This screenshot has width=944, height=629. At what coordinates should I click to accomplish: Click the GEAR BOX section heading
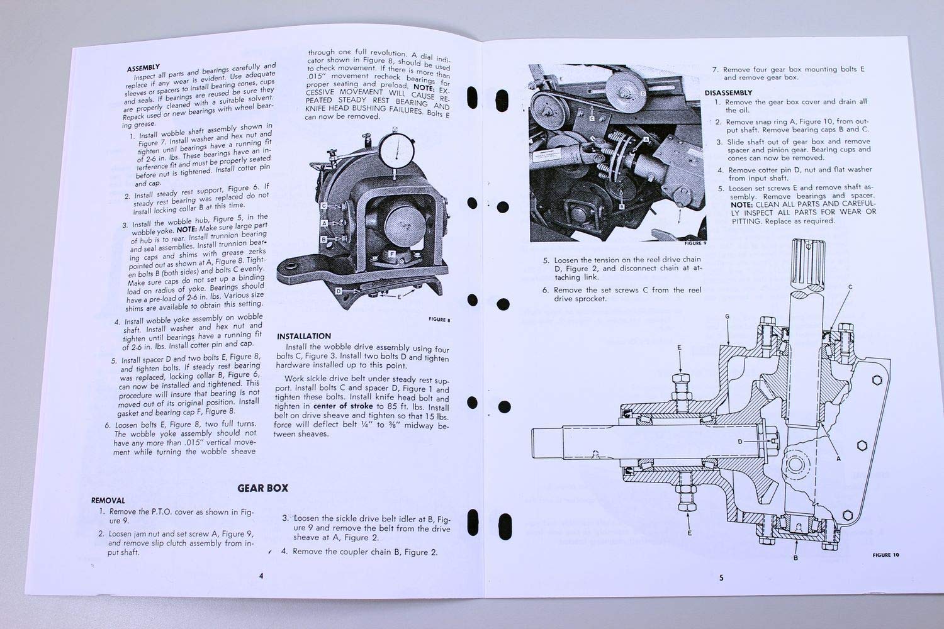[x=262, y=487]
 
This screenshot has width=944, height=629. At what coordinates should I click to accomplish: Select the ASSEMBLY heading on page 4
[x=143, y=68]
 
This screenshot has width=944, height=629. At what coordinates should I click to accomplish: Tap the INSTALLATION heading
[x=304, y=336]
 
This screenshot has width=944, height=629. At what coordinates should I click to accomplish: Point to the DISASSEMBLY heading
[x=728, y=92]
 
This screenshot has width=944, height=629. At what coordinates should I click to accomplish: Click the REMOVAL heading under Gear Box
[x=108, y=501]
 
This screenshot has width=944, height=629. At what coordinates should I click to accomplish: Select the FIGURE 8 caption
[x=439, y=320]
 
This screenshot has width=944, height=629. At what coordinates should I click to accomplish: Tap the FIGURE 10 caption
[x=885, y=555]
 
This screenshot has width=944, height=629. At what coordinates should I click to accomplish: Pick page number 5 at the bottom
[x=721, y=577]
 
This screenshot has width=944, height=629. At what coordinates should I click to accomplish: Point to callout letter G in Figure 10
[x=727, y=316]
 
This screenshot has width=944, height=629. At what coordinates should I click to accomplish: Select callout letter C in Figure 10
[x=850, y=287]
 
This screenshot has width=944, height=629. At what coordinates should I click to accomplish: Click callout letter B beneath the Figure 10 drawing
[x=795, y=557]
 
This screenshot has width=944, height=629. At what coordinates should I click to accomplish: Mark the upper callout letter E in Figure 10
[x=679, y=347]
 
